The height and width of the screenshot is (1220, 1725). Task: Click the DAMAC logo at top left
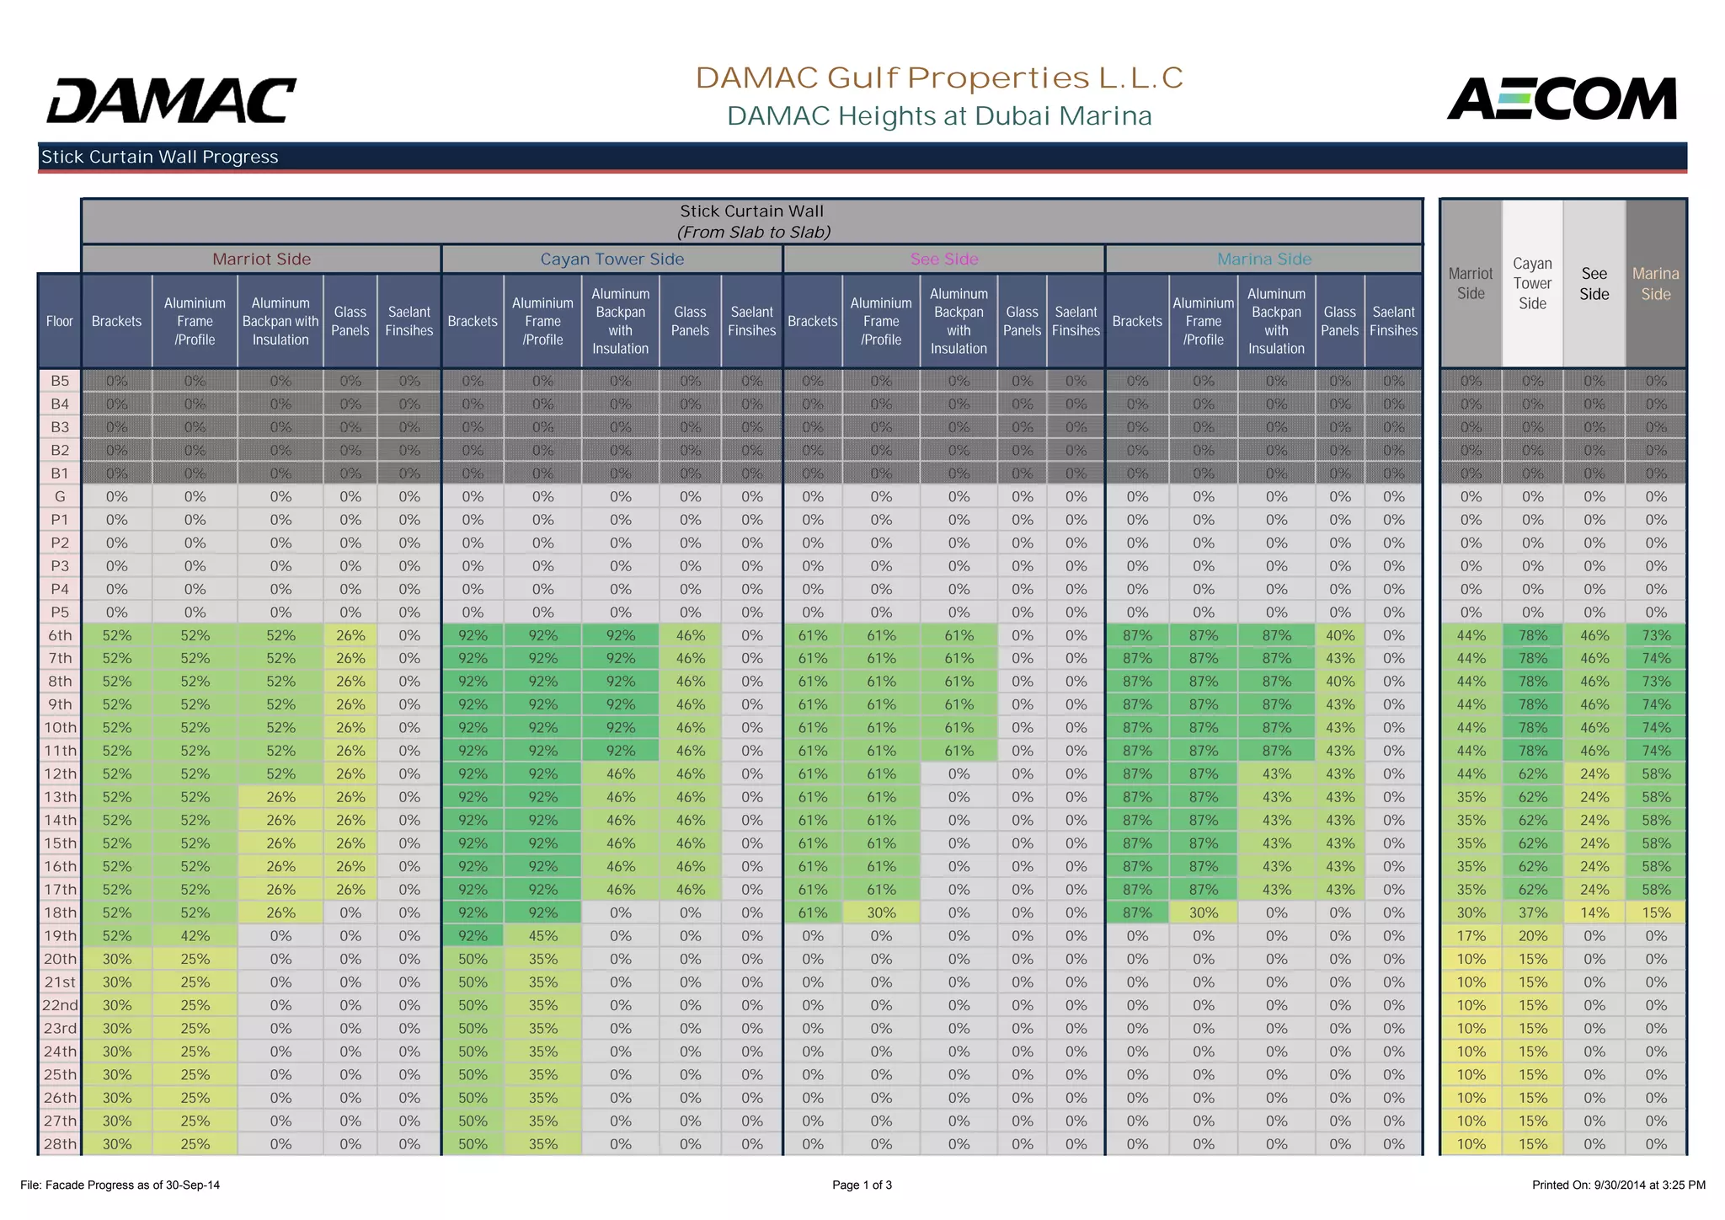point(172,100)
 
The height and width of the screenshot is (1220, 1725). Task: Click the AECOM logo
point(1562,99)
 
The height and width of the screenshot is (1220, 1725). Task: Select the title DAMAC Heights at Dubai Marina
point(939,116)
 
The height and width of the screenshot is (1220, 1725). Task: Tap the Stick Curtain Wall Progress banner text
point(160,157)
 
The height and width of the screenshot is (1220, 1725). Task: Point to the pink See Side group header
point(944,260)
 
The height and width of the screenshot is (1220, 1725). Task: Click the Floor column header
point(60,321)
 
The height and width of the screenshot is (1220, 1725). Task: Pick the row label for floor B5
point(60,381)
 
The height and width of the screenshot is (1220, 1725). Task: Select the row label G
point(60,497)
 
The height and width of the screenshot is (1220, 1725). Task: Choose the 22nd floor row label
point(60,1005)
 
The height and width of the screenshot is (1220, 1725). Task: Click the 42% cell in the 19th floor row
point(195,936)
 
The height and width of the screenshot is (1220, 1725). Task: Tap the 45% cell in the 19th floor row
point(543,936)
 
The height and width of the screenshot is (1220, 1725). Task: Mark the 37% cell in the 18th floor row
point(1533,912)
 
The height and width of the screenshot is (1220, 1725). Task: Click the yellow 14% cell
point(1594,912)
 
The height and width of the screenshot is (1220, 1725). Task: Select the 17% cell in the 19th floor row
point(1471,936)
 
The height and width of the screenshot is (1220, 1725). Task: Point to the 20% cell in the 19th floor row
point(1533,936)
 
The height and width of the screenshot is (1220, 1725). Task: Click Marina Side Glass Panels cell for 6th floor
point(1340,636)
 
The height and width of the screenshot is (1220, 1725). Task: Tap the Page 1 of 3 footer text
point(862,1185)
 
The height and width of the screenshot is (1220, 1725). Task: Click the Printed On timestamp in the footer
point(1618,1185)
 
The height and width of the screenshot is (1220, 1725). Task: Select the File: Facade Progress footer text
point(120,1185)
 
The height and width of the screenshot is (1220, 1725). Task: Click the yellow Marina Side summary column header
point(1656,284)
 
